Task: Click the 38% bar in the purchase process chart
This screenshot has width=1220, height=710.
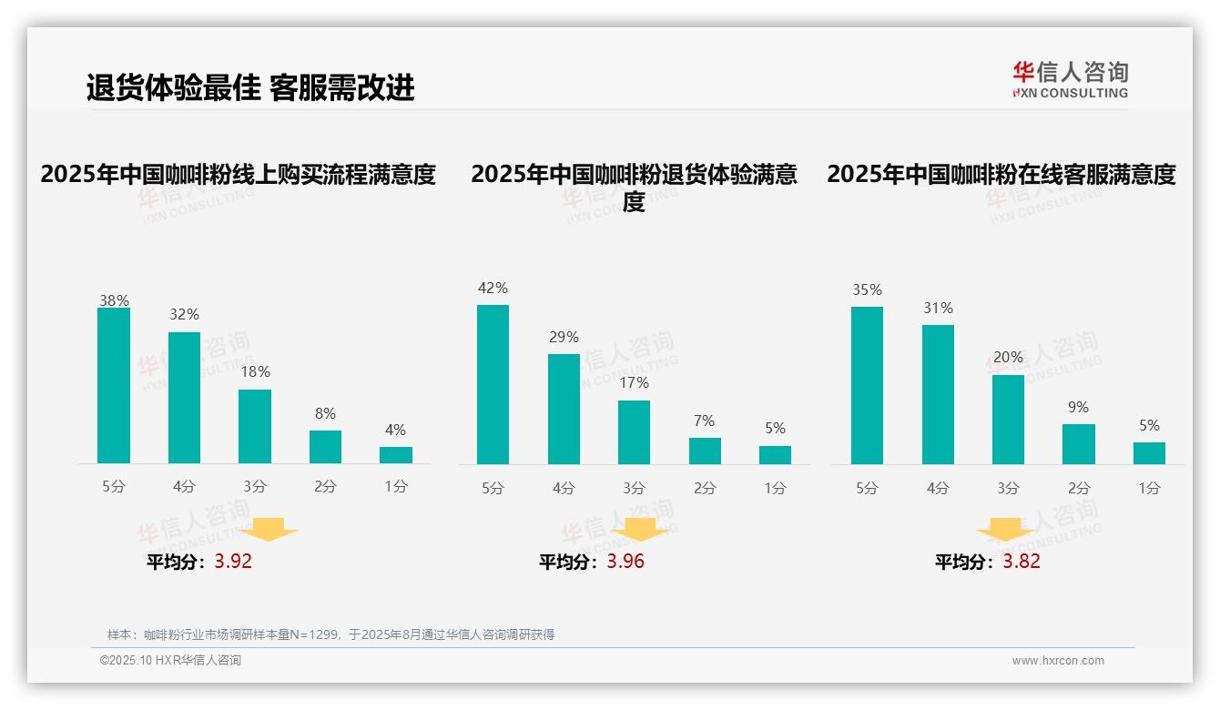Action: (x=114, y=386)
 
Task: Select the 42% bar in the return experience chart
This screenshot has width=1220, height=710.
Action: (x=493, y=384)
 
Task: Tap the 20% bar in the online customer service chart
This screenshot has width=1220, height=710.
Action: (x=1008, y=420)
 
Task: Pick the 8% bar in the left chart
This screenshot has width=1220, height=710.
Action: (x=325, y=447)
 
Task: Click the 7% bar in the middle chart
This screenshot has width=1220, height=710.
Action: (x=705, y=451)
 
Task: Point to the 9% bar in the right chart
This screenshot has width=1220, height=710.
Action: (x=1079, y=444)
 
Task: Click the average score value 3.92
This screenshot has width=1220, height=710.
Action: (x=233, y=562)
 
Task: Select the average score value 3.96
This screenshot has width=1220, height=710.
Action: (x=625, y=562)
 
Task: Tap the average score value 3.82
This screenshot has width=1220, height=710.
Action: (x=1022, y=562)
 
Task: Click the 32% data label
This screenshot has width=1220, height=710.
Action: (x=184, y=315)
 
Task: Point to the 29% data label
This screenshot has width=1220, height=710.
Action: (x=564, y=338)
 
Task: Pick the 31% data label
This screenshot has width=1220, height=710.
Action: (x=938, y=309)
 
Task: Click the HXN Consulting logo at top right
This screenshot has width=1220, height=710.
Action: (x=1070, y=80)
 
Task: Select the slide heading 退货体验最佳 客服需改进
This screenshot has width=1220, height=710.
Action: (x=250, y=87)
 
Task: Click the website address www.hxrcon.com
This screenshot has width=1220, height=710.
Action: (x=1058, y=661)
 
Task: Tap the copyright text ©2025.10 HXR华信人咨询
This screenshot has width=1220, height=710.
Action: (x=170, y=661)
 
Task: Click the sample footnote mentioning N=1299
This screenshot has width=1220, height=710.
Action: (x=330, y=635)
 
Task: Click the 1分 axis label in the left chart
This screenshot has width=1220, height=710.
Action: (x=396, y=487)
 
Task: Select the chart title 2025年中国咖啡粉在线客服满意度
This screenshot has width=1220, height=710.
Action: (x=1001, y=175)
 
